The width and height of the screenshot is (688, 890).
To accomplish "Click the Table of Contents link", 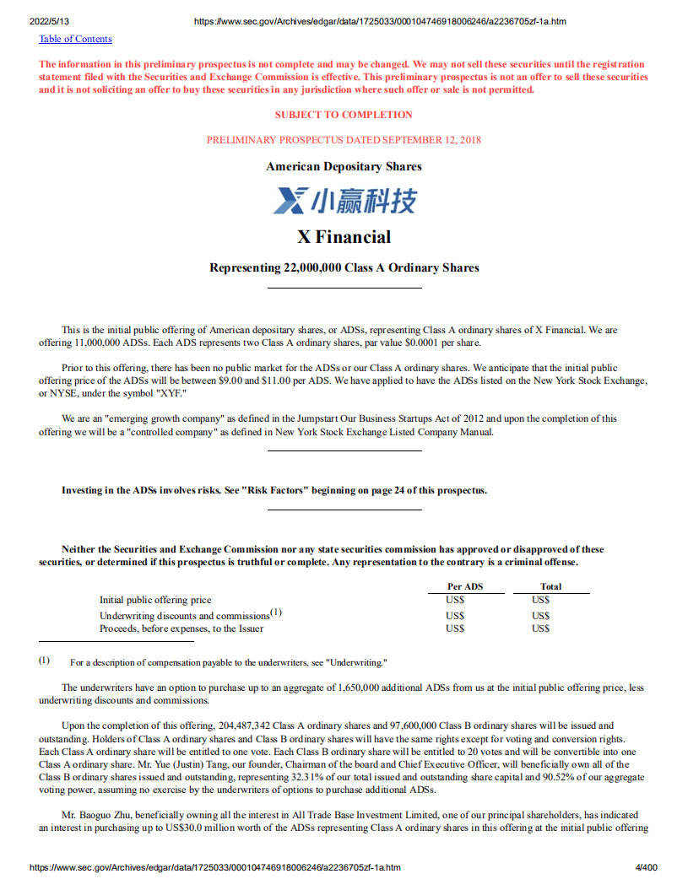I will click(x=75, y=39).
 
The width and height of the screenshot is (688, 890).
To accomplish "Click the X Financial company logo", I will click(x=344, y=201).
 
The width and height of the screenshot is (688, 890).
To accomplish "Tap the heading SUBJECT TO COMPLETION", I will click(x=344, y=115).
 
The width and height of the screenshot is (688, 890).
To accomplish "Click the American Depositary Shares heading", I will click(x=344, y=166).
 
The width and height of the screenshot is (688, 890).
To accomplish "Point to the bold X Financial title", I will click(x=344, y=236).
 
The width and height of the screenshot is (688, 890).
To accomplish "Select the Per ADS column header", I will click(x=465, y=586).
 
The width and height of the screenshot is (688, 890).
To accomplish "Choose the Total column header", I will click(x=550, y=586).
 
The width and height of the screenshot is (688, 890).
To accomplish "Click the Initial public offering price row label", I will click(x=155, y=600).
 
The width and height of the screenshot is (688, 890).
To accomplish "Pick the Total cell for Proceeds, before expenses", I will click(x=541, y=628).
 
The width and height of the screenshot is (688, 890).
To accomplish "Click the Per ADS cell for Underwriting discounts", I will click(x=455, y=616).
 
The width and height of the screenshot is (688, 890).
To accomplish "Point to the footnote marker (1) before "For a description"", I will click(x=44, y=661).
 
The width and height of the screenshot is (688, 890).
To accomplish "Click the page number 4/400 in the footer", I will click(x=645, y=867).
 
